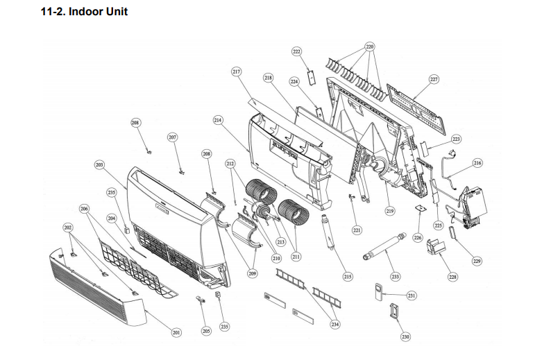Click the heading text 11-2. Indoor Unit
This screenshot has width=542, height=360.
[85, 12]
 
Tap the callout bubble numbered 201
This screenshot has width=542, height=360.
[176, 333]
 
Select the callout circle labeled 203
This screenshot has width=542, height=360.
[99, 165]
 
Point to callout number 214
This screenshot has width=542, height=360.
[218, 120]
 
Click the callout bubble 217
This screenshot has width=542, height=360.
[236, 72]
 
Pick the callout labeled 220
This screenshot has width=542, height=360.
[369, 47]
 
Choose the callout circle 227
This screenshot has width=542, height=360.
[434, 80]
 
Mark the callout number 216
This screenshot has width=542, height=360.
[477, 163]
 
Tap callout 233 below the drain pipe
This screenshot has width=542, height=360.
[395, 277]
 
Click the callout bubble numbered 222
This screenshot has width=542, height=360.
[297, 52]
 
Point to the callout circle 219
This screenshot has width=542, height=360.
[389, 212]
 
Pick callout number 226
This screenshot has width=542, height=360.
[417, 238]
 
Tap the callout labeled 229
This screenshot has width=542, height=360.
[477, 261]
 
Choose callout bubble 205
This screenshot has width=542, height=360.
[205, 332]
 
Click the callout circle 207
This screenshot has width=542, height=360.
[173, 137]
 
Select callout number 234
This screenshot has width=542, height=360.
[335, 325]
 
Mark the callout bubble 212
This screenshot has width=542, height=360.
[230, 164]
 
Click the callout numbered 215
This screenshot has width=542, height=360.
[348, 277]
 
